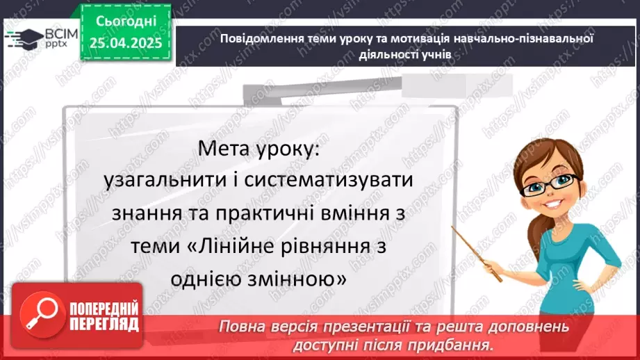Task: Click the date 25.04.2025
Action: pyautogui.click(x=125, y=43)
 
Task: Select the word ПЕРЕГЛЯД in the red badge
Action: pyautogui.click(x=104, y=323)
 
